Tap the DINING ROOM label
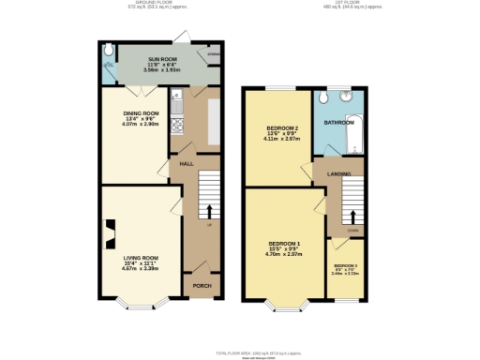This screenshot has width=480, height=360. pyautogui.click(x=140, y=116)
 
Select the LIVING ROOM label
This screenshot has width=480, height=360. pyautogui.click(x=140, y=258)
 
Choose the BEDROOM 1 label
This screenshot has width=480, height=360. pyautogui.click(x=278, y=246)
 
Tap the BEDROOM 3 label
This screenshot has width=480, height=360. pyautogui.click(x=347, y=266)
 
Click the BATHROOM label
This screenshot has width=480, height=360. pyautogui.click(x=339, y=123)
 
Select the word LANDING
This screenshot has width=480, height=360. pyautogui.click(x=339, y=174)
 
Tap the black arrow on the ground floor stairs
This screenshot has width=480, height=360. pyautogui.click(x=209, y=211)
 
